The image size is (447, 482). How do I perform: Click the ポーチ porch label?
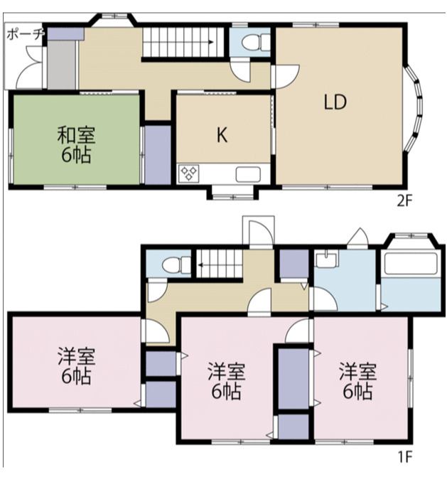(x=26, y=34)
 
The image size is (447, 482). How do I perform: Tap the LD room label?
(x=335, y=102)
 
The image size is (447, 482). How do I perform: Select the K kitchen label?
(x=222, y=134)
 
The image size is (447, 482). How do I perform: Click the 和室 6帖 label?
(x=76, y=144)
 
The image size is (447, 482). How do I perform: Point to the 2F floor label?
(x=404, y=201)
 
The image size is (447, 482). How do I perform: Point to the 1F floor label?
(x=405, y=457)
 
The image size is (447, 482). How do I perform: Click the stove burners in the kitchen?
(x=188, y=173)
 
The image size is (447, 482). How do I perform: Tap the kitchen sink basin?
(x=248, y=174)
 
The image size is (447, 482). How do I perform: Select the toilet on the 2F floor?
(x=256, y=42)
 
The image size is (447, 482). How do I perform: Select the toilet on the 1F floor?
(x=176, y=264)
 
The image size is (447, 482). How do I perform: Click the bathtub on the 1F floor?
(x=411, y=264)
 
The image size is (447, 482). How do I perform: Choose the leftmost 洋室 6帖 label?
(x=76, y=366)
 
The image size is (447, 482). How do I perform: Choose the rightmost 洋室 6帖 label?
(x=358, y=381)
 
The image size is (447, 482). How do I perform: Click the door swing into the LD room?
(x=286, y=76)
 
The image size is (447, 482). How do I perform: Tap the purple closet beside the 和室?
(x=158, y=154)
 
